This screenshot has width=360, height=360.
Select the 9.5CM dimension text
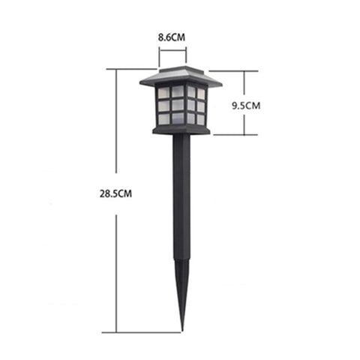point(245,105)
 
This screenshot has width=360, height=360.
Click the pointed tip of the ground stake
point(181,328)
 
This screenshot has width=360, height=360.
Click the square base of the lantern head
point(180,131)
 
